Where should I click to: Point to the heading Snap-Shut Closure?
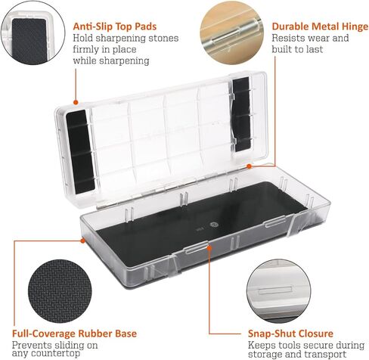coord(290,333)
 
